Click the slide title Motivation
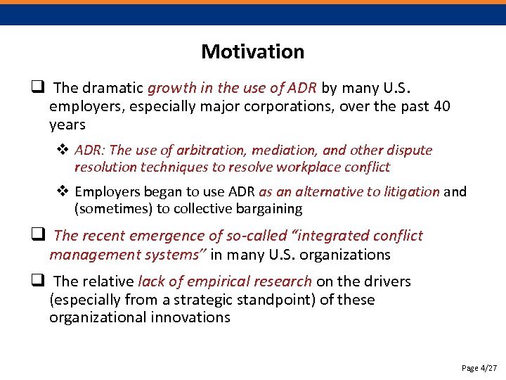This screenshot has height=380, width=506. [252, 51]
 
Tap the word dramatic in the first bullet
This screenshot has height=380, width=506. [113, 88]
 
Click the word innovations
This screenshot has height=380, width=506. [190, 317]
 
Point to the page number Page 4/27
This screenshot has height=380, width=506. [479, 368]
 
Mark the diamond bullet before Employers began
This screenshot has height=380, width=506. [63, 191]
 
